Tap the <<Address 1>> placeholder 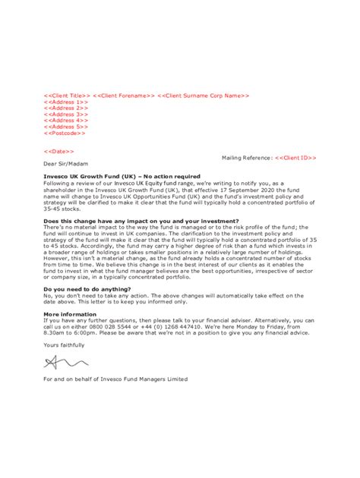(x=66, y=102)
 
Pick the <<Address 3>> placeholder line (x=66, y=114)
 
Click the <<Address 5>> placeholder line (x=66, y=126)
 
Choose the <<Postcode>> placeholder (x=65, y=132)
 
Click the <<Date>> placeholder (x=59, y=151)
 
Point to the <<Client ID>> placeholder (x=295, y=157)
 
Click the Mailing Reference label (x=247, y=157)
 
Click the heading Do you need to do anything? (x=87, y=288)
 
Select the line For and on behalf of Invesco (x=115, y=379)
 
